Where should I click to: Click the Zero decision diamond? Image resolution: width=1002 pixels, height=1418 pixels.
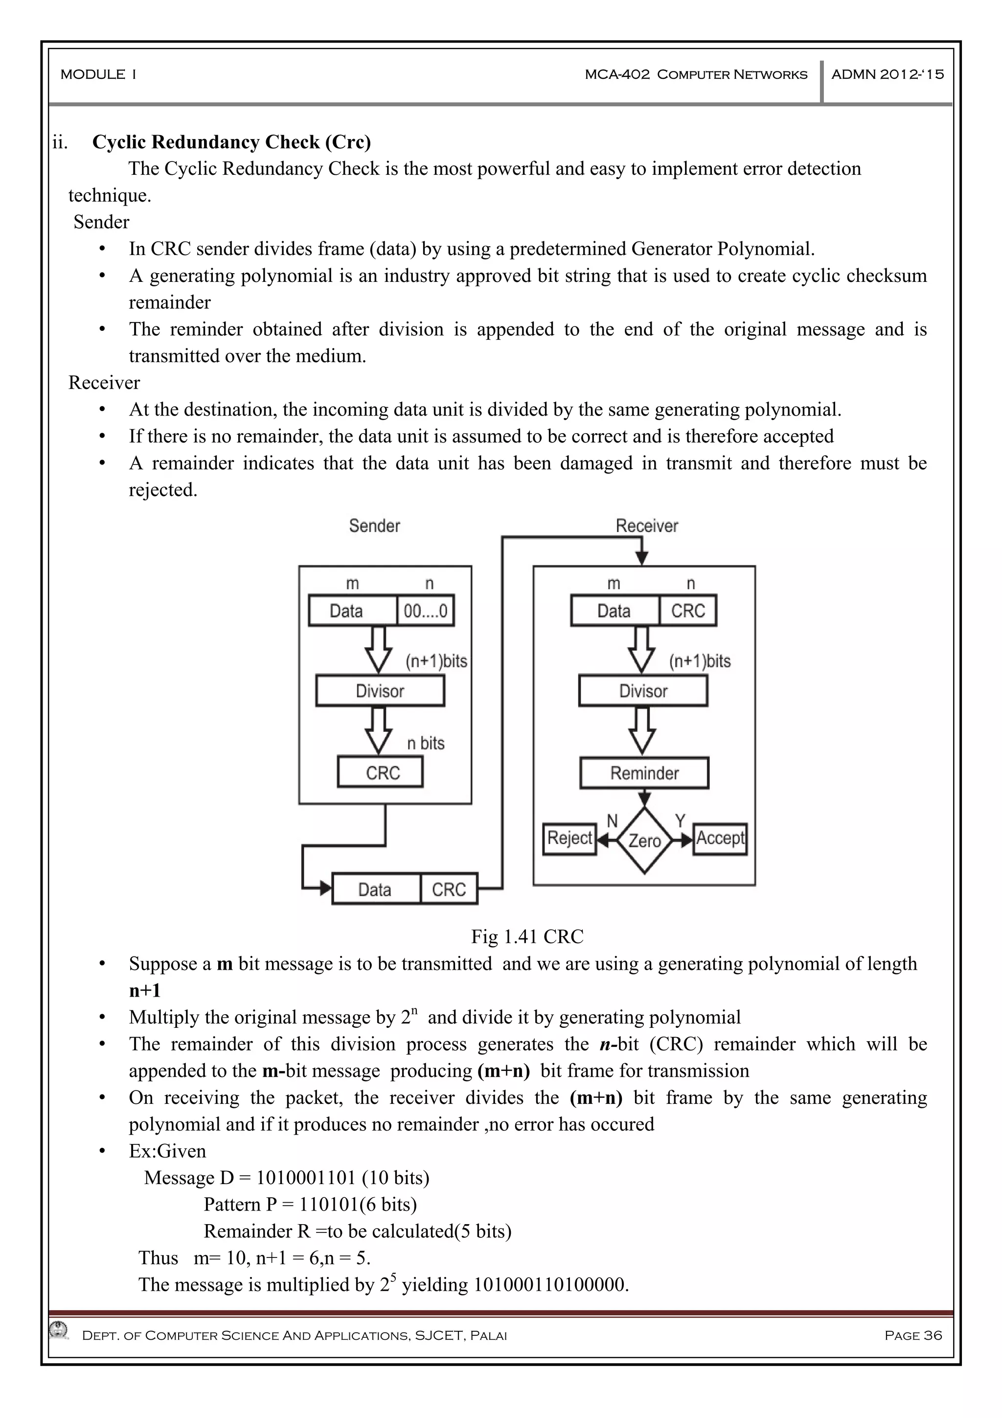pyautogui.click(x=644, y=840)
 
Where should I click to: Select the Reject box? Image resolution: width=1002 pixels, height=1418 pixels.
pyautogui.click(x=569, y=838)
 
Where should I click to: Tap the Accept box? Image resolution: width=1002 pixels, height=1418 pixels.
pyautogui.click(x=720, y=838)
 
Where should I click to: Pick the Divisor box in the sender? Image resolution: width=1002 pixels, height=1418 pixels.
pyautogui.click(x=380, y=691)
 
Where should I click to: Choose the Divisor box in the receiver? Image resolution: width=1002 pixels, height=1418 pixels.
pyautogui.click(x=643, y=691)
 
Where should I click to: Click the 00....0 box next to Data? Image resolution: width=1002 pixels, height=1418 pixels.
pyautogui.click(x=425, y=611)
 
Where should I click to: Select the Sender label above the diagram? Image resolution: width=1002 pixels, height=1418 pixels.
pyautogui.click(x=374, y=526)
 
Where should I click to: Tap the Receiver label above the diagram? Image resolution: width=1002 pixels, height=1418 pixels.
pyautogui.click(x=646, y=526)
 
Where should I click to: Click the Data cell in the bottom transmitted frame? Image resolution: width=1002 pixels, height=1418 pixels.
pyautogui.click(x=375, y=889)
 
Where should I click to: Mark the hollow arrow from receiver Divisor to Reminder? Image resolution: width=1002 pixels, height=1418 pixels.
pyautogui.click(x=642, y=731)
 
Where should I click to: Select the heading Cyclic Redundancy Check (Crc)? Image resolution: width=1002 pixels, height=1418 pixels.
pyautogui.click(x=231, y=142)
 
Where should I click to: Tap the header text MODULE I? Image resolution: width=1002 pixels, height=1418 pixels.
pyautogui.click(x=98, y=75)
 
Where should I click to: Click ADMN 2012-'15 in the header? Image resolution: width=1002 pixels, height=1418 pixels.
pyautogui.click(x=887, y=75)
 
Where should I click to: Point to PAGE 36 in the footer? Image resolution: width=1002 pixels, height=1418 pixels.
pyautogui.click(x=912, y=1335)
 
